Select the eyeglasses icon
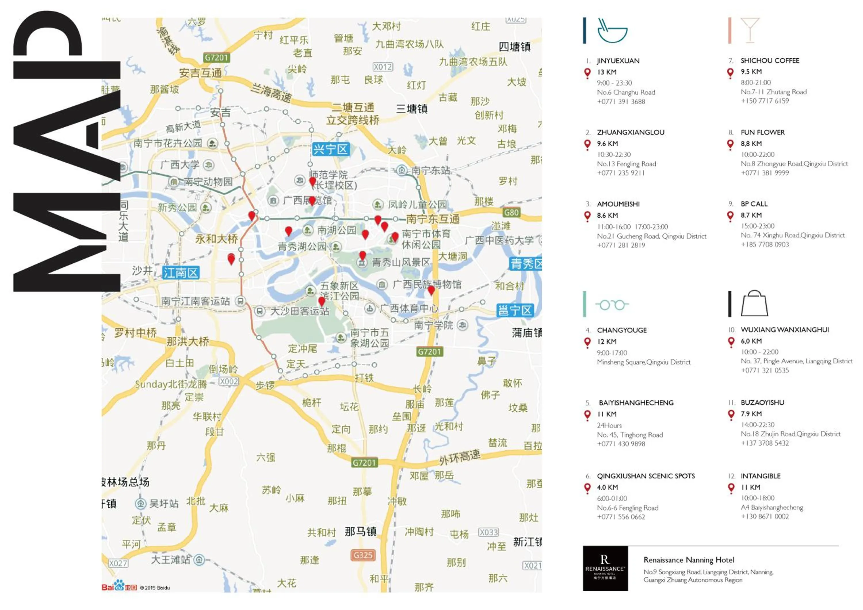point(612,305)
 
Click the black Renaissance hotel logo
point(605,568)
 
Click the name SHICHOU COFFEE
point(770,60)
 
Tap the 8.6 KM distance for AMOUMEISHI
point(607,216)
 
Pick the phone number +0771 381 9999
point(765,173)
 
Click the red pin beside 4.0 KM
point(587,488)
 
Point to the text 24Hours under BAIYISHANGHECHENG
point(609,425)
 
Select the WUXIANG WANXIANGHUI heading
point(784,330)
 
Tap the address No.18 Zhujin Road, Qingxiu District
point(791,434)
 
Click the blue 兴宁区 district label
point(331,149)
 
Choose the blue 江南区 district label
point(180,273)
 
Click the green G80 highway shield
point(511,213)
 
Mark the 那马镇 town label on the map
point(360,532)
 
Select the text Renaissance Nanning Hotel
point(689,560)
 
